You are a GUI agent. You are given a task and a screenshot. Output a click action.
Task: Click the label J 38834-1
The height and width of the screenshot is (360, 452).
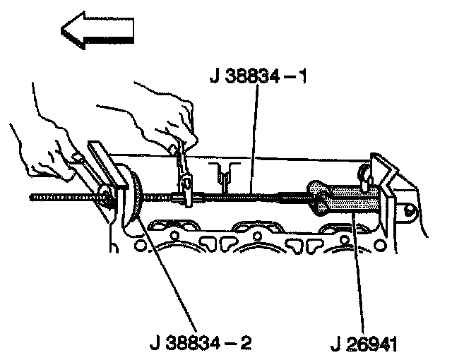coord(257,76)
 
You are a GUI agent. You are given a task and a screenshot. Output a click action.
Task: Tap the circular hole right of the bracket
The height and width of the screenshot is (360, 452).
coord(408,210)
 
